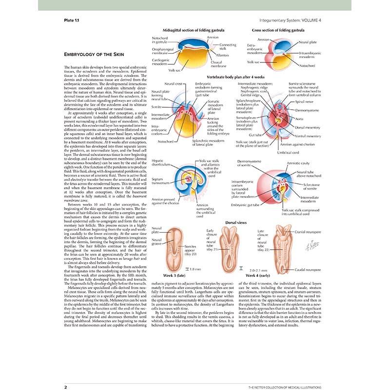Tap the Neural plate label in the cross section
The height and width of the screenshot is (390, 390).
308,42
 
